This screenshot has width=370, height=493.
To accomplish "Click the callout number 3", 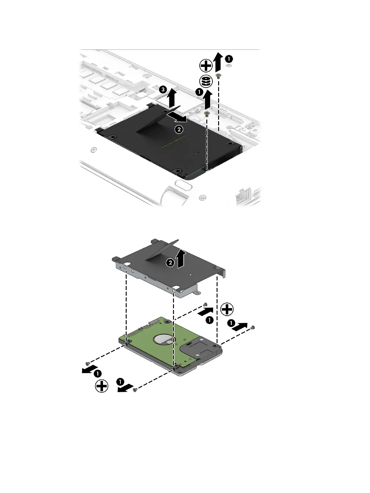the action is pos(162,90).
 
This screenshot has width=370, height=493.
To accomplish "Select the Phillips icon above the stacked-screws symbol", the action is pos(206,66).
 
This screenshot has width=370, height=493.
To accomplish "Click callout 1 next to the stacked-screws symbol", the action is pos(197,92).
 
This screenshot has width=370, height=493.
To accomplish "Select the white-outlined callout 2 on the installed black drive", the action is pos(179,129).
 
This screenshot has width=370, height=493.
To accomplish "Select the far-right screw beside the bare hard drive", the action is pos(252,327).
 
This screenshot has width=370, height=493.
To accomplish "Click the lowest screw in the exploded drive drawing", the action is pos(135,390).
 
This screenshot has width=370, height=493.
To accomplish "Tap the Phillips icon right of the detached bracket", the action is pos(227,309).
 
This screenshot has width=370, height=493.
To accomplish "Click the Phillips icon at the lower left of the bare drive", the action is pos(101,387).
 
